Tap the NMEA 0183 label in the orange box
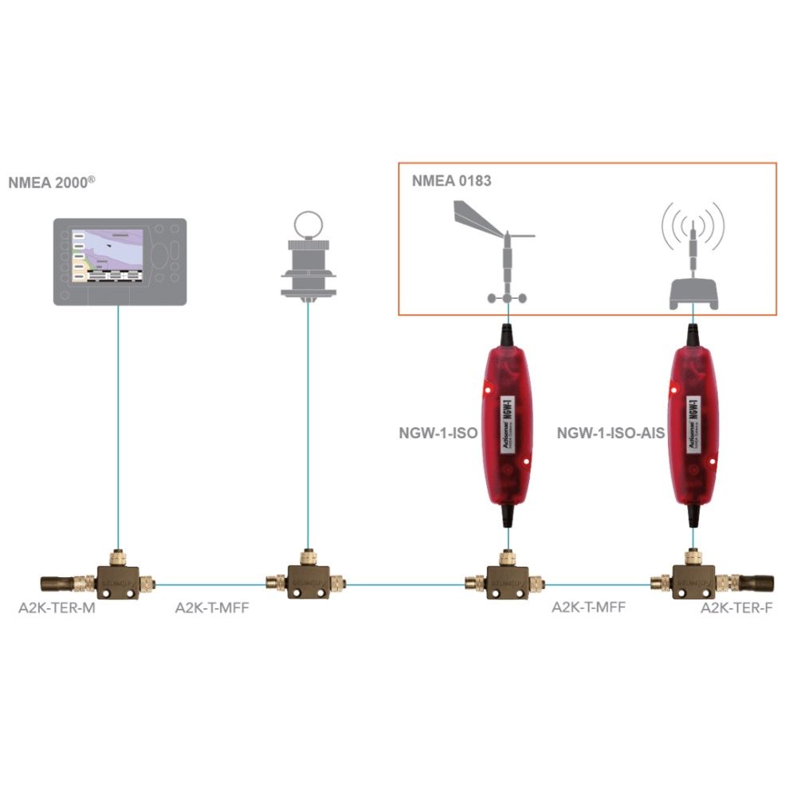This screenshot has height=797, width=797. pyautogui.click(x=451, y=181)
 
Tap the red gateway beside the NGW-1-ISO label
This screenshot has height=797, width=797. pyautogui.click(x=506, y=426)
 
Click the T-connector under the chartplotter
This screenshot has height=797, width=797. pyautogui.click(x=119, y=579)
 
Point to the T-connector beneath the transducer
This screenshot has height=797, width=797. pyautogui.click(x=307, y=581)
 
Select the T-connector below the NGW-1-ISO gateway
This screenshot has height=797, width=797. pyautogui.click(x=505, y=581)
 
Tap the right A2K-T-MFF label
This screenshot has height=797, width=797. pyautogui.click(x=589, y=607)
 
